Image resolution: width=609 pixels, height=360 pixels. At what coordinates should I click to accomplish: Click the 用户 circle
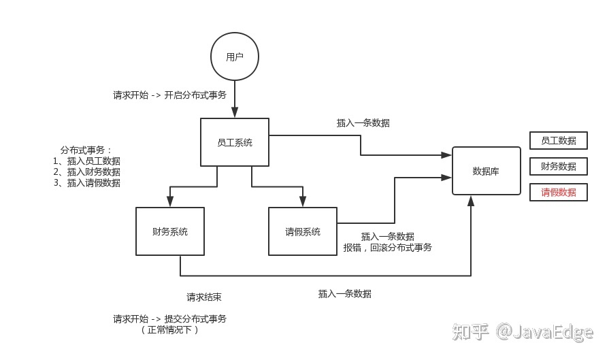point(234,57)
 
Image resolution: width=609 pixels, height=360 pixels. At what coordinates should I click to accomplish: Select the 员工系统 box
point(234,142)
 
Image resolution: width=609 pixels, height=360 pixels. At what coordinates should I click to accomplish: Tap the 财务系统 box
point(169,231)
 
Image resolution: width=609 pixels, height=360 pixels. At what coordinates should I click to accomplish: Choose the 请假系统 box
point(302,231)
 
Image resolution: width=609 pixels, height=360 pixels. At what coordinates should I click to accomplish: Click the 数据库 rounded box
point(486,171)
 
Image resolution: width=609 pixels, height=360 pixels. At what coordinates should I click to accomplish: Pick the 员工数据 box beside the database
point(558,141)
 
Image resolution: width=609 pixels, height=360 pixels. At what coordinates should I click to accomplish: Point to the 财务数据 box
point(558,167)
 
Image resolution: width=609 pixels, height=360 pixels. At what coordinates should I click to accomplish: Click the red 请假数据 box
point(558,193)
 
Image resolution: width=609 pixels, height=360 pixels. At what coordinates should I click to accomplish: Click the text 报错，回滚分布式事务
point(387,248)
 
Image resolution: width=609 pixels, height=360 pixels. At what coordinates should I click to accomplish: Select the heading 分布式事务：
point(86,150)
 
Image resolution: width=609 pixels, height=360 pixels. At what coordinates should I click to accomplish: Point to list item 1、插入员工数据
point(86,161)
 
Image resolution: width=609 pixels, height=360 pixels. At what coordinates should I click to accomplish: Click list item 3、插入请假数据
point(86,182)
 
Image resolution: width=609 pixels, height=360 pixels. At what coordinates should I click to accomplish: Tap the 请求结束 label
point(204,297)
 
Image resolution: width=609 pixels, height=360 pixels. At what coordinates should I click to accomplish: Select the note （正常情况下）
point(169,330)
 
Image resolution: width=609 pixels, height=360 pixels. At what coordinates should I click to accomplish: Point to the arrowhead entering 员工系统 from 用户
point(234,114)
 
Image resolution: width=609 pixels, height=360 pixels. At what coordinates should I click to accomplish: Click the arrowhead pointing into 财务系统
point(169,202)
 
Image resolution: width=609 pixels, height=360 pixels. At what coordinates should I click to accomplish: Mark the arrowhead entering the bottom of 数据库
point(471,200)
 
